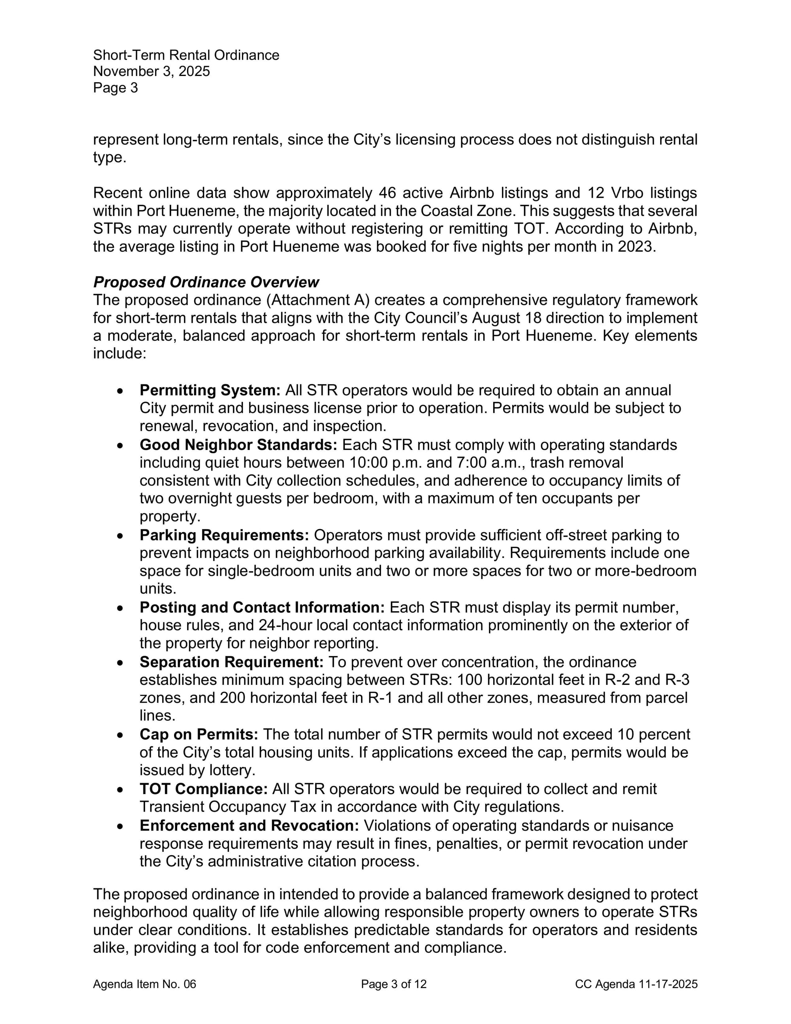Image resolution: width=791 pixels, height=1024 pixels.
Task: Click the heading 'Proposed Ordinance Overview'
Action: [x=206, y=282]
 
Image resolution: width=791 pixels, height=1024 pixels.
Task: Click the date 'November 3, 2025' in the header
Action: [x=151, y=71]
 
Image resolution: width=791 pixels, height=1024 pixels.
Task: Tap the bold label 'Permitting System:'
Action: [x=210, y=390]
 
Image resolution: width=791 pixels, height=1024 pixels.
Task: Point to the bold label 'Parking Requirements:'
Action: [x=224, y=535]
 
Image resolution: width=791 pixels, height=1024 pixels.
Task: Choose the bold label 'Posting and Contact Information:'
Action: [x=262, y=607]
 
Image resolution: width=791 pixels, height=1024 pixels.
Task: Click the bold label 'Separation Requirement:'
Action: [x=231, y=662]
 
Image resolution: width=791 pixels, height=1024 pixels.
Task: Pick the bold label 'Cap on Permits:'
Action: [x=199, y=734]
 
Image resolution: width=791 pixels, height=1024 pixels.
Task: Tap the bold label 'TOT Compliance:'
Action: [x=203, y=789]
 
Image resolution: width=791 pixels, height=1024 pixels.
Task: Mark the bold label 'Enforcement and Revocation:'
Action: [x=249, y=825]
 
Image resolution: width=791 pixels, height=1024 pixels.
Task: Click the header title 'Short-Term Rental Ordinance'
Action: [x=186, y=55]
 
